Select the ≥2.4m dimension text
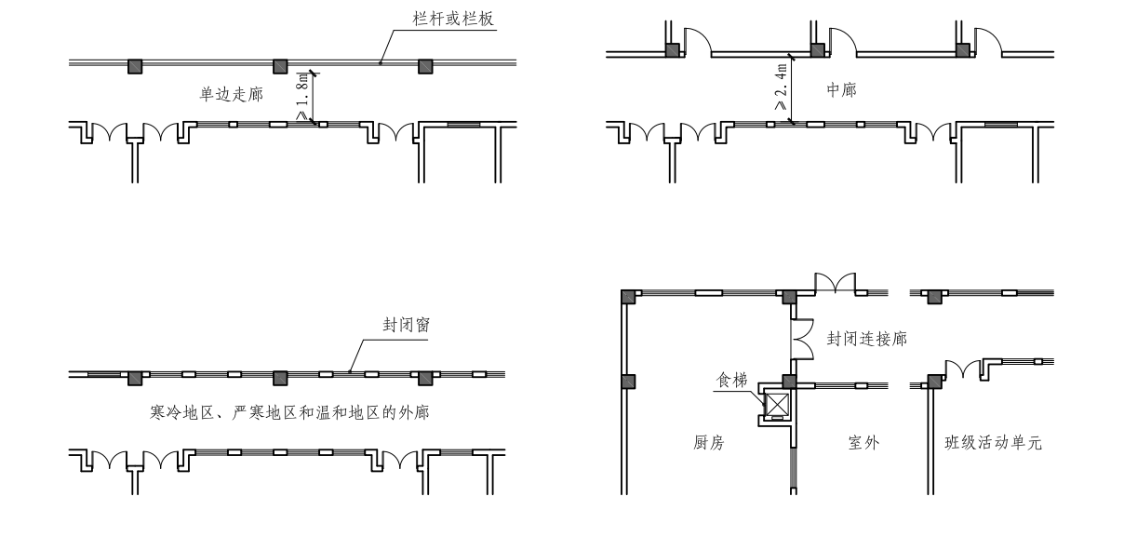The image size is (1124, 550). click(781, 88)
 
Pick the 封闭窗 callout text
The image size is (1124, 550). click(405, 326)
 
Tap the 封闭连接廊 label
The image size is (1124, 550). click(866, 340)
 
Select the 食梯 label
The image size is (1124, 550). click(729, 380)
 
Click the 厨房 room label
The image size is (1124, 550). click(707, 444)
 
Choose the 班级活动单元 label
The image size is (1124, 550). click(986, 444)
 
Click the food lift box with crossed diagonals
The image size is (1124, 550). click(777, 405)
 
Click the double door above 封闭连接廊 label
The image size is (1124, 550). click(835, 283)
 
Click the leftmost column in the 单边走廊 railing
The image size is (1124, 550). click(135, 66)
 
